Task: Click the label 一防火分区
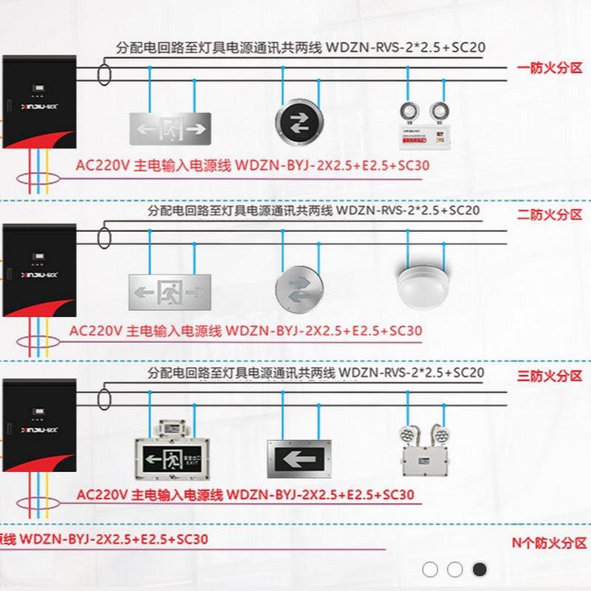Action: point(550,68)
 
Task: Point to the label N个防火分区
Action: point(550,543)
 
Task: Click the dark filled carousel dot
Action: point(479,569)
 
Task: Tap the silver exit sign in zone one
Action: point(171,128)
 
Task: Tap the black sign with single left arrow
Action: point(299,460)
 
